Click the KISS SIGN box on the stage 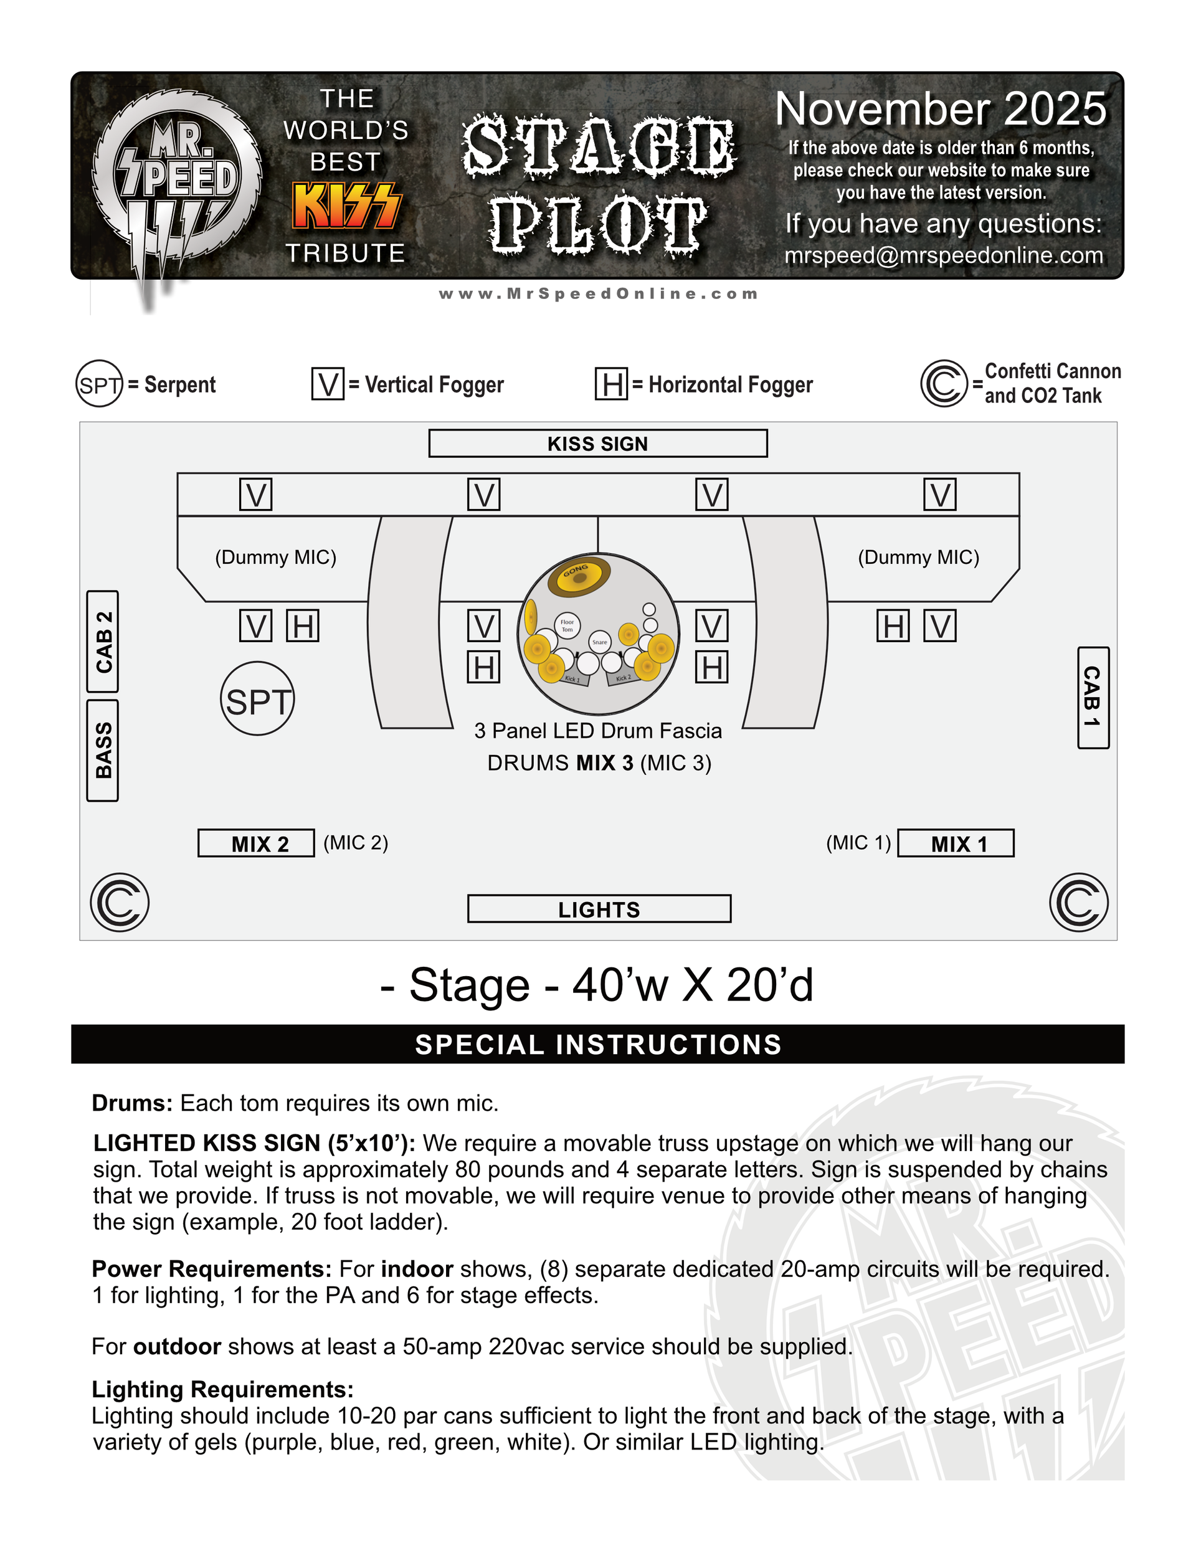click(597, 443)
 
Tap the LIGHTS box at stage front click(599, 909)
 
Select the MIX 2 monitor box click(256, 843)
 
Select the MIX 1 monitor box click(956, 843)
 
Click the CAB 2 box click(103, 642)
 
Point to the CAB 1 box click(1093, 698)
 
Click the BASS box click(103, 751)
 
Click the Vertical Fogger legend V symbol click(328, 384)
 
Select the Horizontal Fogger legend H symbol click(611, 384)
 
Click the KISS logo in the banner click(347, 206)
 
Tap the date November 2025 click(940, 109)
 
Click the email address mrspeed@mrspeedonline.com click(944, 255)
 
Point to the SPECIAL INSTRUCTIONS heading click(597, 1045)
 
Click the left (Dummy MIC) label click(276, 557)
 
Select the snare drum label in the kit click(600, 642)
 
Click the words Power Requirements click(211, 1269)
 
